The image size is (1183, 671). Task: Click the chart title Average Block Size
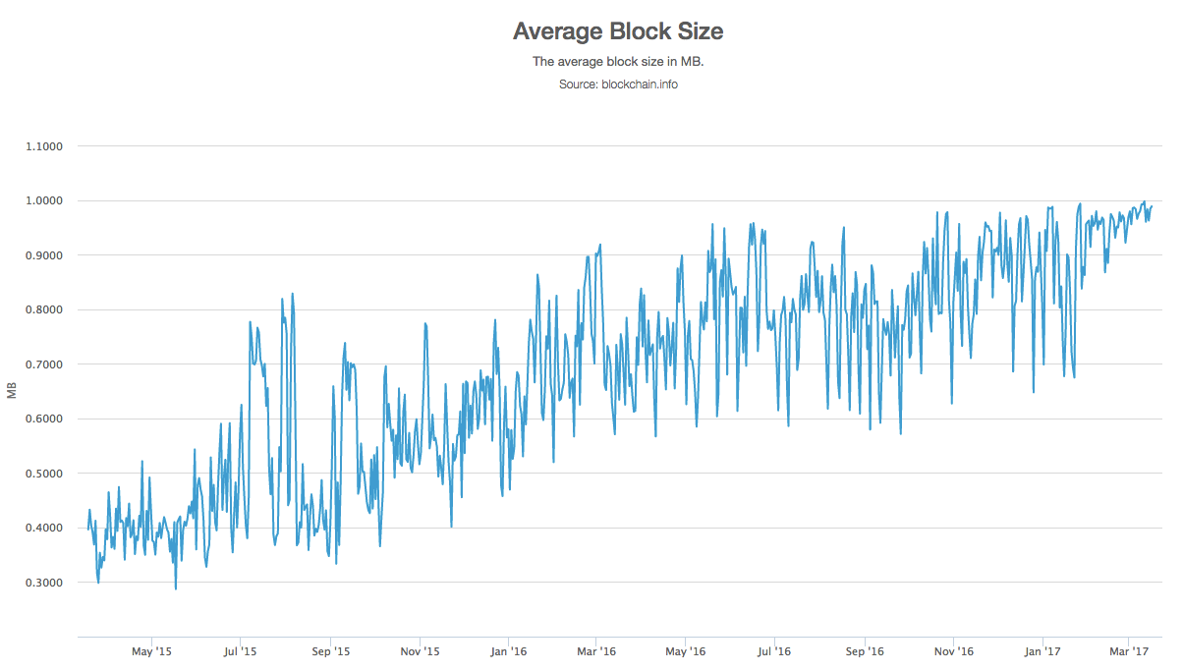618,31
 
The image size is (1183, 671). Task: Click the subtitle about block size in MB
618,62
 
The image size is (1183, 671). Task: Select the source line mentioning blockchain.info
618,84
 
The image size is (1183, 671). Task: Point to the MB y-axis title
12,392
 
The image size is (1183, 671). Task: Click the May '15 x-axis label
151,651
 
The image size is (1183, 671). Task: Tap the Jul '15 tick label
240,651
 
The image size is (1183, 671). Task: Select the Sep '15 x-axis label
331,651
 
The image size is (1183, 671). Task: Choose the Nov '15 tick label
420,651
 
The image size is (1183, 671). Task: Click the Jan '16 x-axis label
508,651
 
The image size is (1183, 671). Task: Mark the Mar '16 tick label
595,651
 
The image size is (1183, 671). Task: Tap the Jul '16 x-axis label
774,651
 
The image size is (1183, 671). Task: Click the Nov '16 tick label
953,651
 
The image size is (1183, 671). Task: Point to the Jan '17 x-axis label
1042,651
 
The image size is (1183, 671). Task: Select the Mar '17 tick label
1129,651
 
